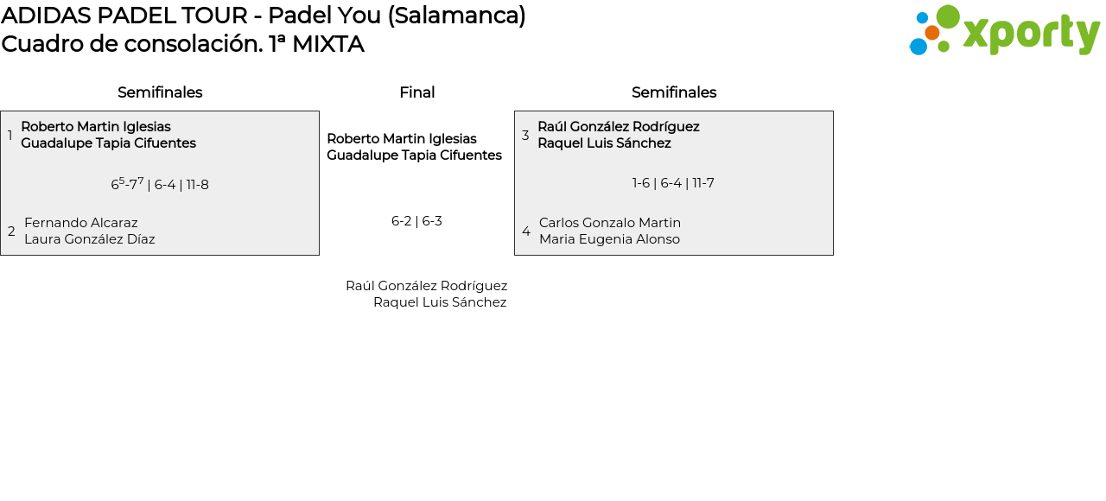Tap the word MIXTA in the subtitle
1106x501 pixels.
(327, 44)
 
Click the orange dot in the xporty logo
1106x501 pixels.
(931, 33)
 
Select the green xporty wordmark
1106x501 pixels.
(1030, 34)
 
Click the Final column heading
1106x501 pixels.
(416, 92)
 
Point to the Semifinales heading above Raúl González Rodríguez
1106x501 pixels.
(674, 92)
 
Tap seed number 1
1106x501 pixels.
(10, 136)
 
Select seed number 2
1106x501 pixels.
(11, 231)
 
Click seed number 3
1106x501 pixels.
(525, 136)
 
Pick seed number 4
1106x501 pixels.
(526, 231)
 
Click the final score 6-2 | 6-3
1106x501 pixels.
(416, 221)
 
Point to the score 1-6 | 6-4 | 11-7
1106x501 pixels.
(673, 183)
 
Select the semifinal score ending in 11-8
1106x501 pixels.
(160, 184)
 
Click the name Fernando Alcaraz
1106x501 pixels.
(81, 223)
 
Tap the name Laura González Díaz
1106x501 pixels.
(90, 239)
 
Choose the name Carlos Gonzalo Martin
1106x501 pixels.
(610, 223)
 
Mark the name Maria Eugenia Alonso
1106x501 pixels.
(609, 239)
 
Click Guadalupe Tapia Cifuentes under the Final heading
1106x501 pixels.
(414, 155)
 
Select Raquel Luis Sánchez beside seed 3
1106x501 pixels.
(604, 143)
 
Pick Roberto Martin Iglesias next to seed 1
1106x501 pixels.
(96, 127)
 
